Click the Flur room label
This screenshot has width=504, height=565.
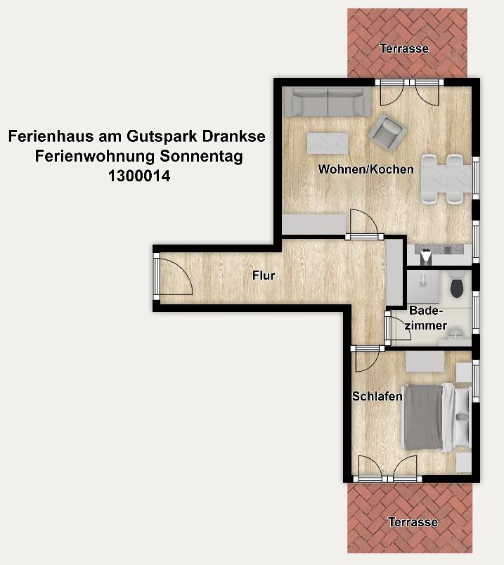click(264, 275)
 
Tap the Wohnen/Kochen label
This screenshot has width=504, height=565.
click(366, 169)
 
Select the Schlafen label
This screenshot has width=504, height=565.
click(377, 396)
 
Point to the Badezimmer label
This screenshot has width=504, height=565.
click(426, 318)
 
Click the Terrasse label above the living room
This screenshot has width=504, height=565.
click(404, 48)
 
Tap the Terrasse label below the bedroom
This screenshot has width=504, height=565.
click(413, 521)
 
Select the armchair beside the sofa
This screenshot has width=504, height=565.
click(387, 131)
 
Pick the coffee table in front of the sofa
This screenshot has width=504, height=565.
click(328, 143)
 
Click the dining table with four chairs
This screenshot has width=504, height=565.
click(446, 179)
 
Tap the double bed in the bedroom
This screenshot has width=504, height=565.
click(437, 417)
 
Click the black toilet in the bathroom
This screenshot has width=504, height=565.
click(457, 286)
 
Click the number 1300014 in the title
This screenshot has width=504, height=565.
click(139, 176)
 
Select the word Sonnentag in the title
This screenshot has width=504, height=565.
click(202, 156)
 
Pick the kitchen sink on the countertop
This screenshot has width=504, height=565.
click(427, 257)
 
